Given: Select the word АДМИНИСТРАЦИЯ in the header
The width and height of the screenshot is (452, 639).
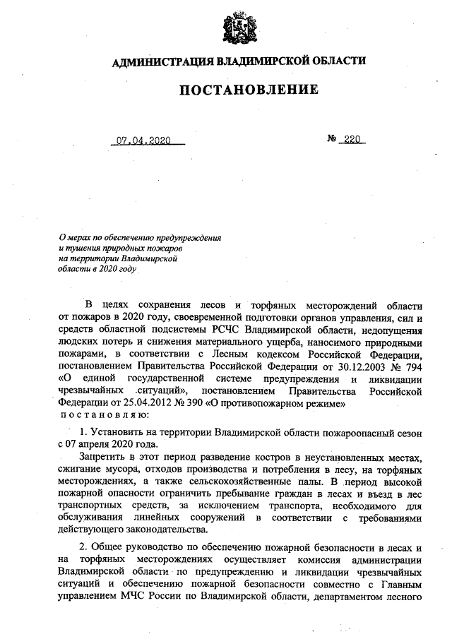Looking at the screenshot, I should click(x=162, y=61).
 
